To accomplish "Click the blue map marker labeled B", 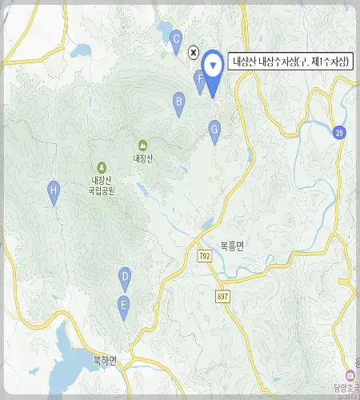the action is point(179,102).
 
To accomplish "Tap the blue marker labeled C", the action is point(177,38).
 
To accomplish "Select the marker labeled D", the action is point(125,277).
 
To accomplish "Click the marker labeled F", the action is point(200,78).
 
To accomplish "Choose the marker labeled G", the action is point(214,129).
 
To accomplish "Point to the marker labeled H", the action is point(54,191).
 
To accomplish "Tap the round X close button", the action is point(193,52).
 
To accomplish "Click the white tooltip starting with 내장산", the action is point(290,61).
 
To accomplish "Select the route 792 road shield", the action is point(205,255).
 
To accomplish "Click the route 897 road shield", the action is point(222,296).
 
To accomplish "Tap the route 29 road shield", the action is point(340,132).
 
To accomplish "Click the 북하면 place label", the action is point(103,360).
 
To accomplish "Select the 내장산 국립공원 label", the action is point(102,186).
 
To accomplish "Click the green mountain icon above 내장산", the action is point(142,145).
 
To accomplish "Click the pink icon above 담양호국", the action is point(348,375).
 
